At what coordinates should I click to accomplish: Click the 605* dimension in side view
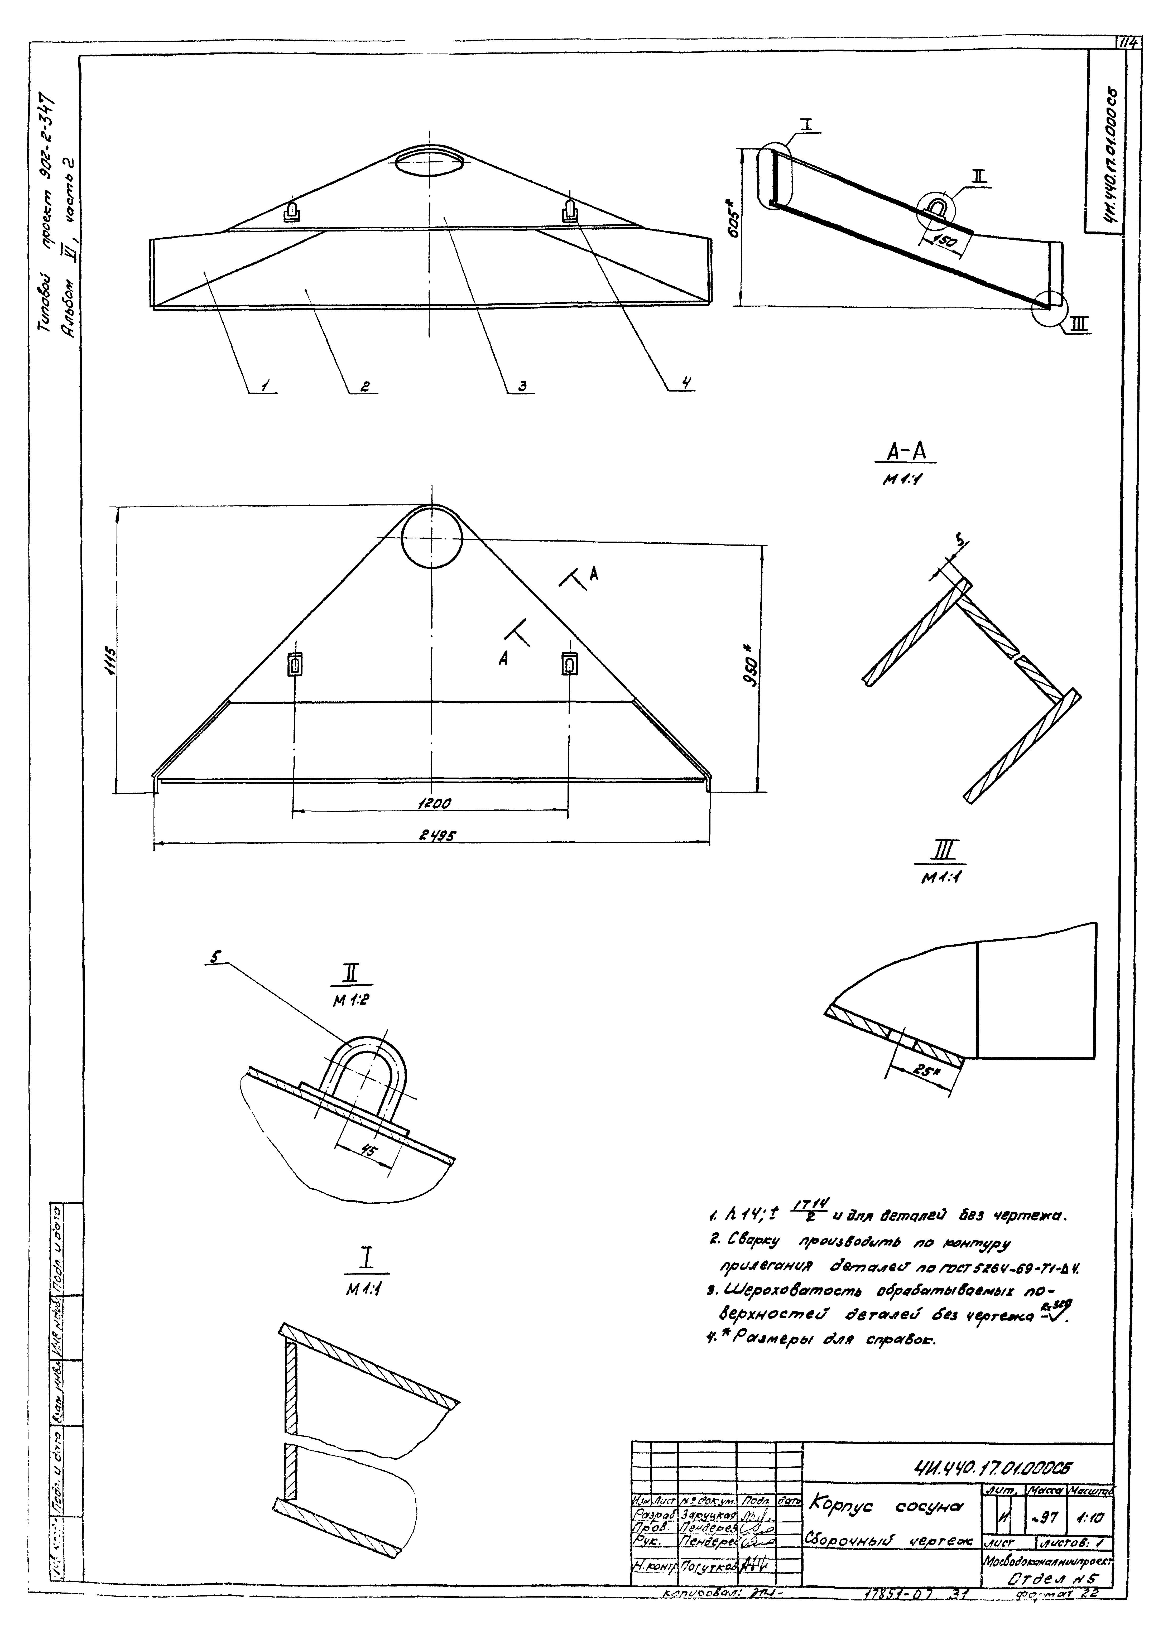(x=732, y=229)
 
